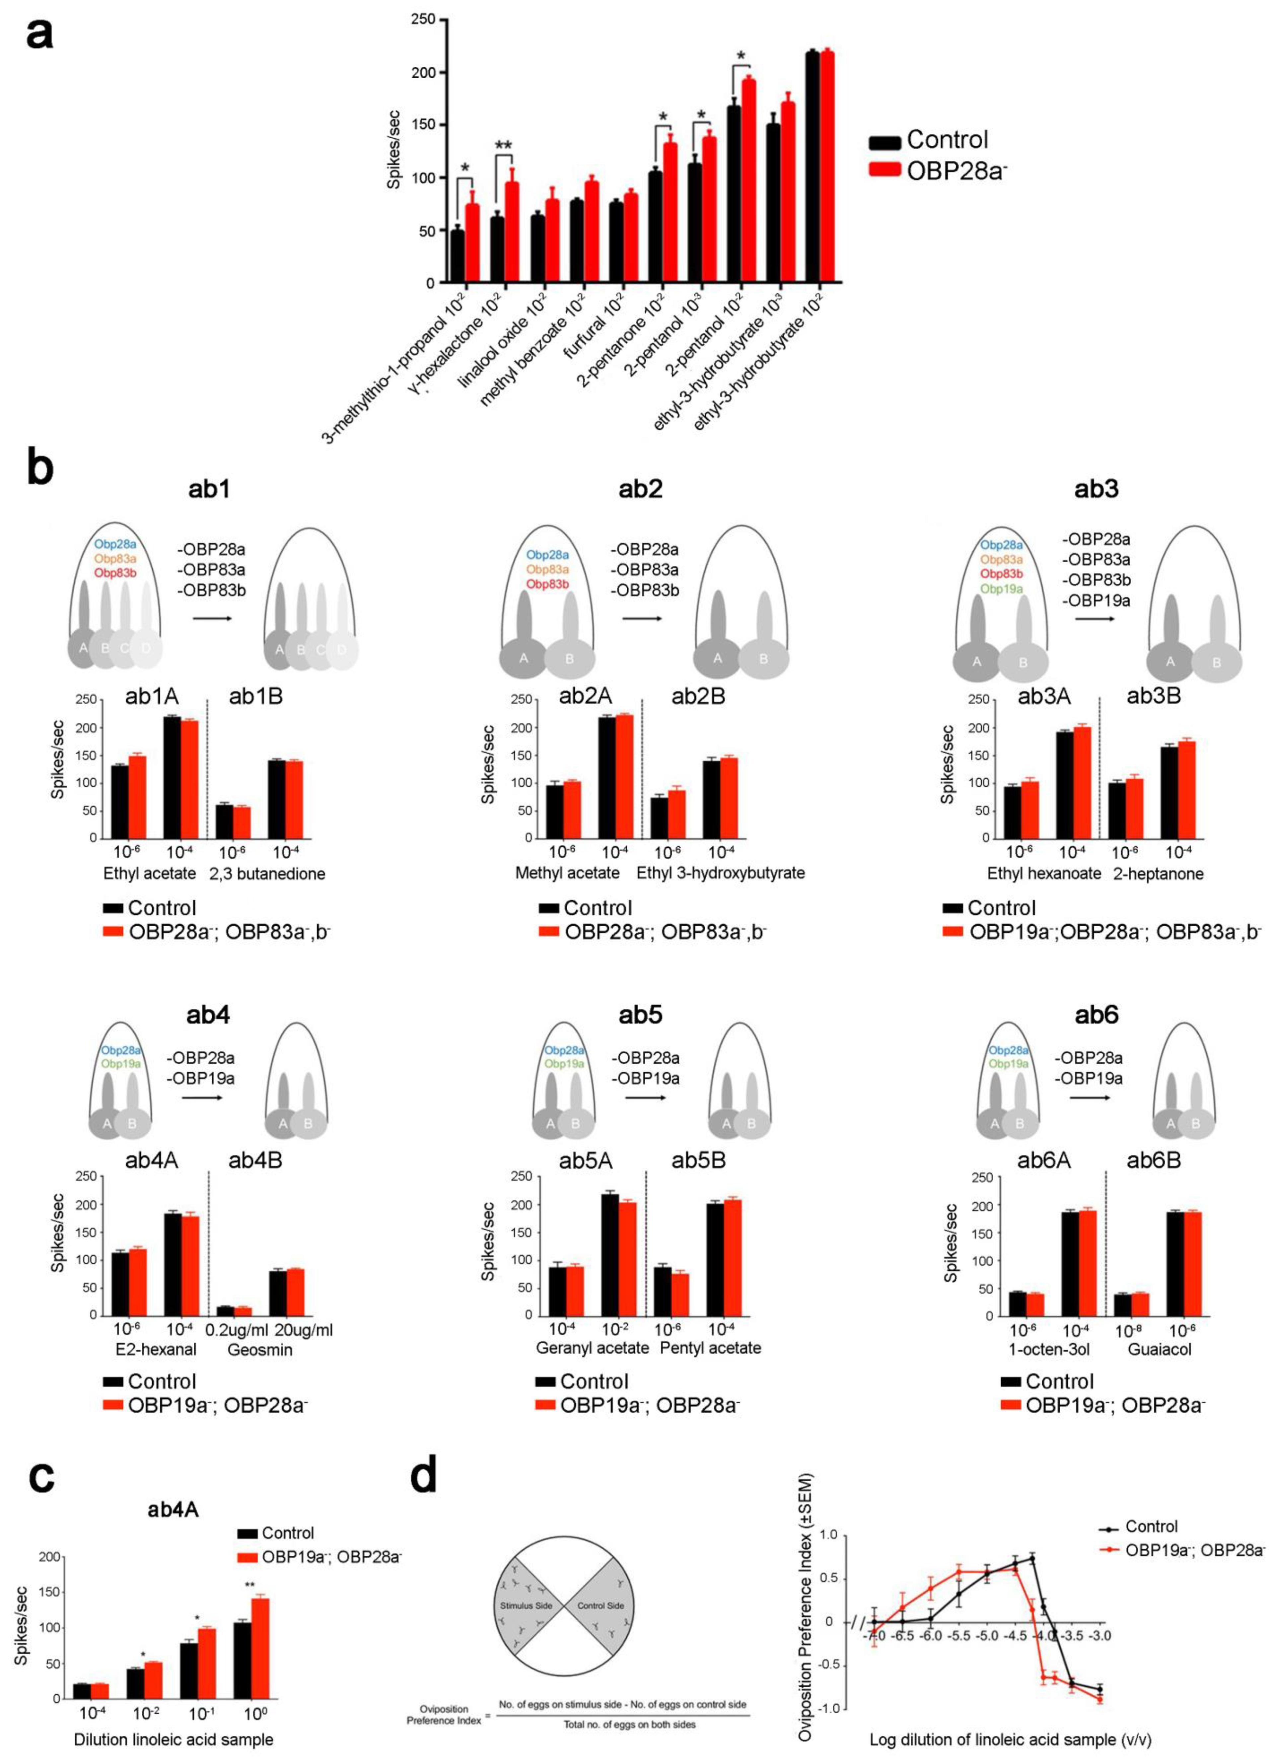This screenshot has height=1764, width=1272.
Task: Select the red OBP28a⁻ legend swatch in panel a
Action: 885,169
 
